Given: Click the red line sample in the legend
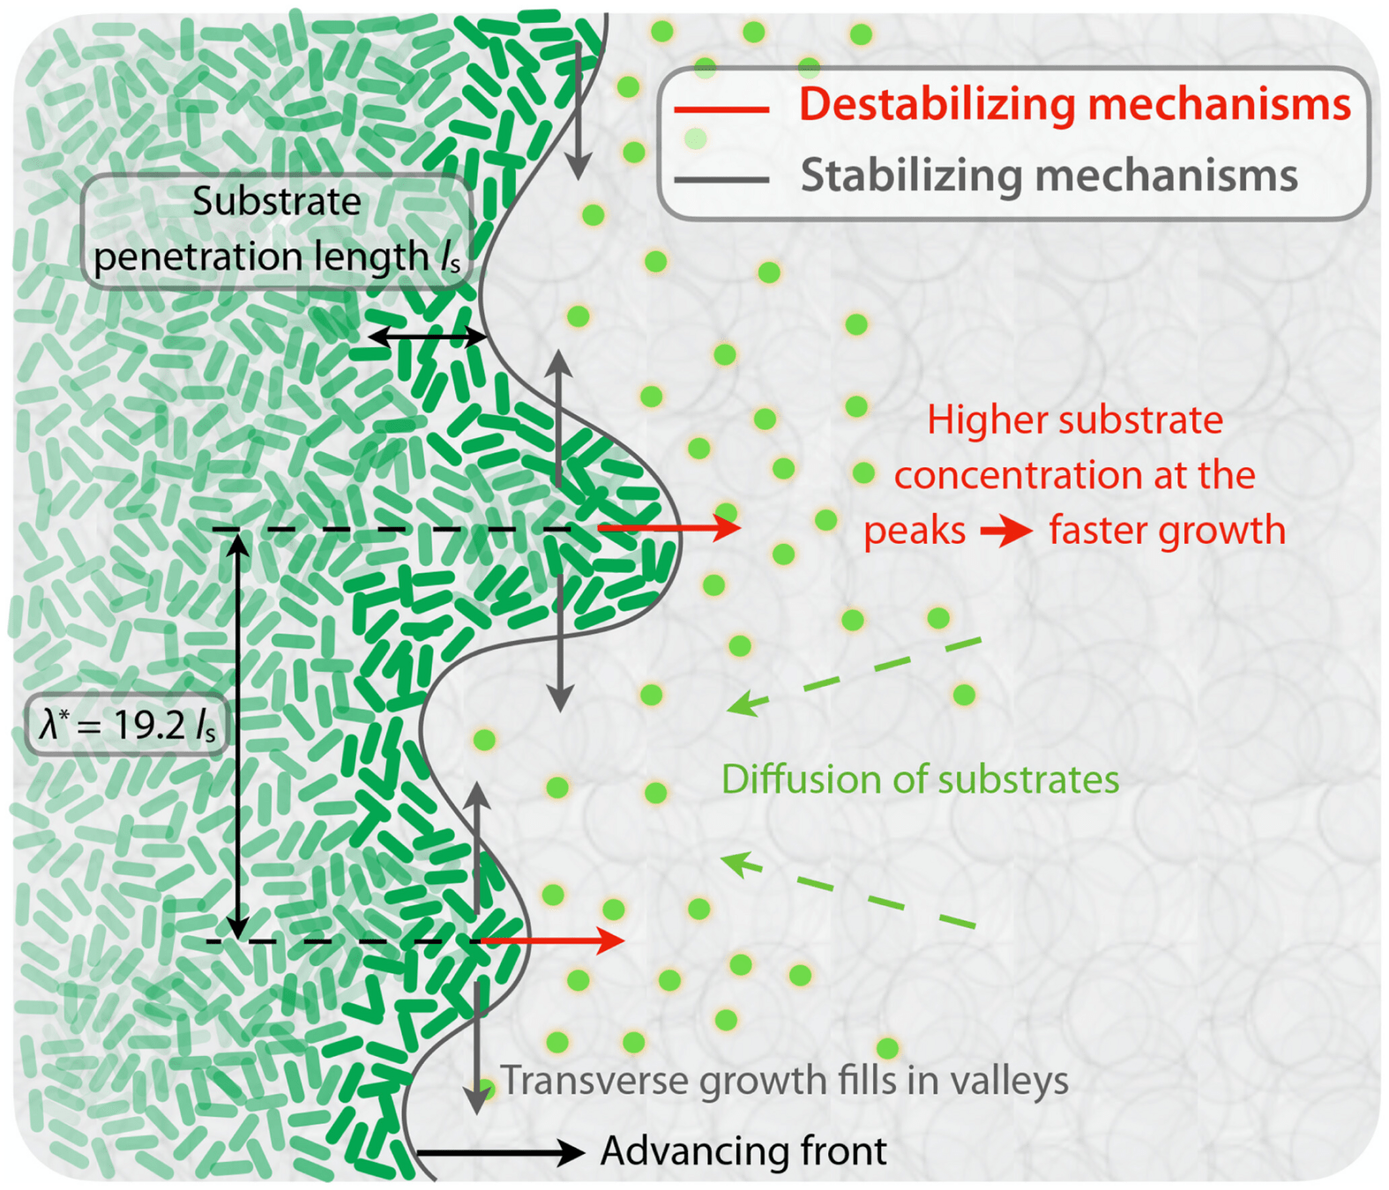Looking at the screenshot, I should [x=721, y=110].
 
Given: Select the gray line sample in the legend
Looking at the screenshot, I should [x=721, y=179].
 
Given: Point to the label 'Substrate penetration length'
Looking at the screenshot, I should [x=276, y=229].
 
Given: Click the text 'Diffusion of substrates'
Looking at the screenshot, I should [x=920, y=779].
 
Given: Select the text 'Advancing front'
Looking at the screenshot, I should [x=743, y=1151].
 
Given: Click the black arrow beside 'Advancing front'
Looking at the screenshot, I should [x=499, y=1151].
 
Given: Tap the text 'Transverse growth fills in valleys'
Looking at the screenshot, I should [x=784, y=1081].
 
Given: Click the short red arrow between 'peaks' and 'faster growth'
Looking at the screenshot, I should [x=1006, y=532].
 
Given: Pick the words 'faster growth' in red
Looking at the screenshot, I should [x=1167, y=531].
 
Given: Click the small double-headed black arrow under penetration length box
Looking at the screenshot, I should [x=427, y=337].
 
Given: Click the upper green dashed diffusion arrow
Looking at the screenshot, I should [x=854, y=674].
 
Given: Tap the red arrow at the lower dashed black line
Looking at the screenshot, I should [x=551, y=941].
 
